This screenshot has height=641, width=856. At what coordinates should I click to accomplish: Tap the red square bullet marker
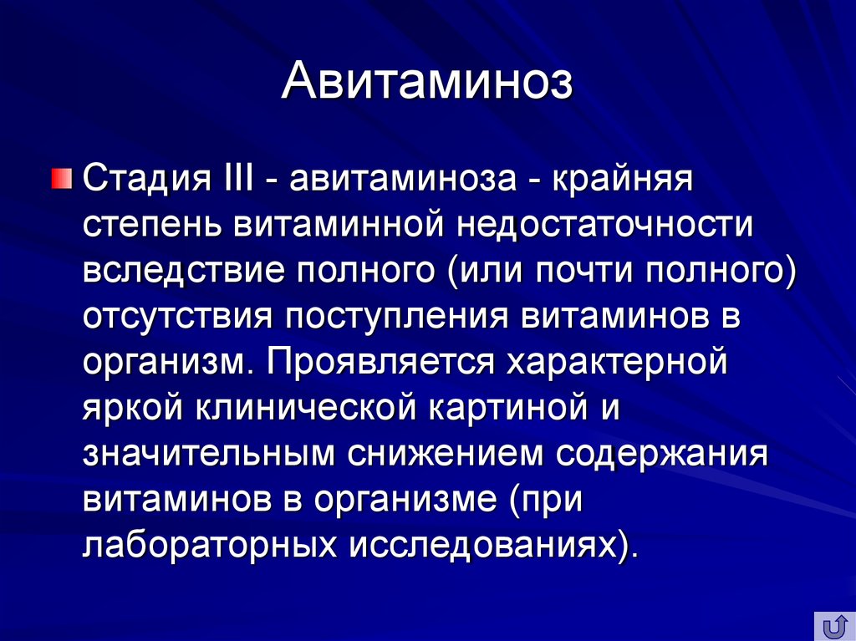point(60,179)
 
